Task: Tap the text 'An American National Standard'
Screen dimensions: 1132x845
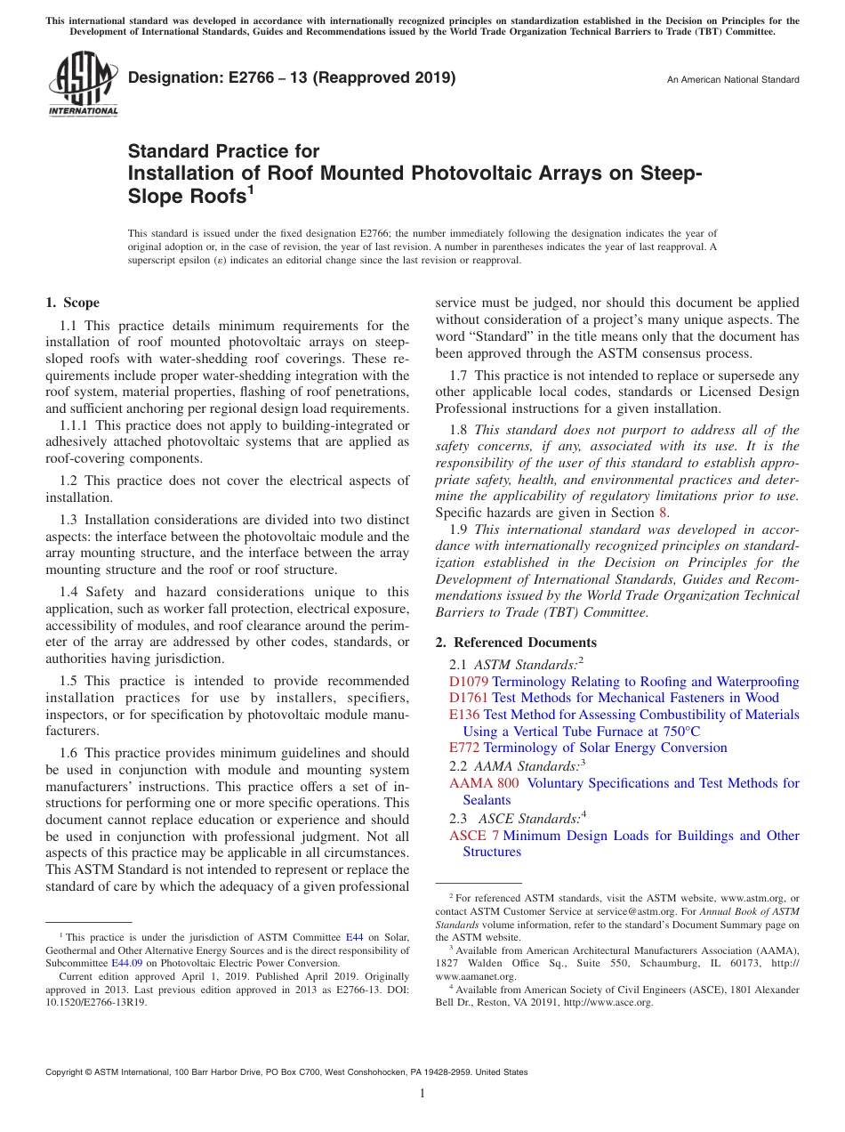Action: [x=733, y=80]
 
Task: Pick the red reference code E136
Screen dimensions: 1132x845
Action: [x=464, y=715]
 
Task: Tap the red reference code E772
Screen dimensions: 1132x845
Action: [x=464, y=748]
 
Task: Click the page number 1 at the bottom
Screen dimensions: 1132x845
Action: [x=422, y=1094]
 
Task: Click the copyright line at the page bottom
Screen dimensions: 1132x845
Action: [x=286, y=1072]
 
